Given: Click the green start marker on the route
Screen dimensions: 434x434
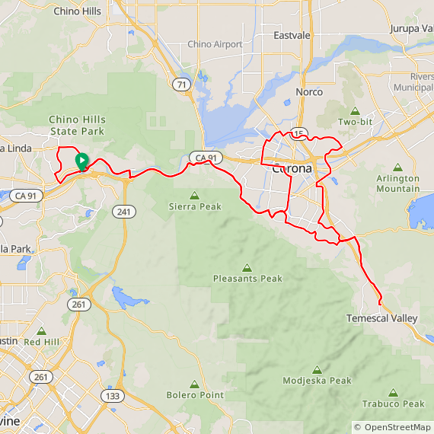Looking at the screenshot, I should point(81,161).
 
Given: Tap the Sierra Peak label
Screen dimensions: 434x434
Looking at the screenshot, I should point(194,206).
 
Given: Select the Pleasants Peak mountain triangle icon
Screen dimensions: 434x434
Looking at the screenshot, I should point(247,268).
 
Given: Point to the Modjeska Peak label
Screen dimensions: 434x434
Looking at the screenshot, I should point(317,381).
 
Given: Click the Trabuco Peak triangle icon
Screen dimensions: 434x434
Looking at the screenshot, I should point(394,393).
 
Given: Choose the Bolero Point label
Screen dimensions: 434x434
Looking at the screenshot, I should point(195,395).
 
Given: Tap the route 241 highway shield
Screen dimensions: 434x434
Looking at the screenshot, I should point(124,211).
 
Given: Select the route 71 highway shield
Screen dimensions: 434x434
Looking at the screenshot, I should point(181,85).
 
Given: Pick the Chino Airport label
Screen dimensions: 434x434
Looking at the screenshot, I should point(215,44).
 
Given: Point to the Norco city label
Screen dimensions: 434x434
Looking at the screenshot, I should point(309,92).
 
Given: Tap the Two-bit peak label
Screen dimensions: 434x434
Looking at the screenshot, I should point(356,122).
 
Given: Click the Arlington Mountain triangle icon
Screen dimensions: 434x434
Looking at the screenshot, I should point(397,168).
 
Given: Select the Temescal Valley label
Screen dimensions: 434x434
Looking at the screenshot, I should point(381,318).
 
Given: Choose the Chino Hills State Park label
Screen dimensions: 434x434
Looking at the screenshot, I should point(78,125).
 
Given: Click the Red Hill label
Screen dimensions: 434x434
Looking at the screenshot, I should point(41,343).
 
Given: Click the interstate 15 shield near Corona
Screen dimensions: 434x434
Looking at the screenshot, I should point(298,134).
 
